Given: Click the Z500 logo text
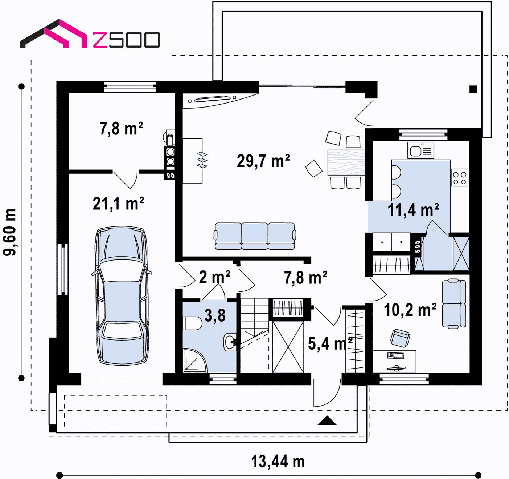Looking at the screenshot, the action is (x=126, y=40).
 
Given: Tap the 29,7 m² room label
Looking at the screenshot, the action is (x=263, y=161).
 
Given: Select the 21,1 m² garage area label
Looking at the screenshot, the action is (x=118, y=204).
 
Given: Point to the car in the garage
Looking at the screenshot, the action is (x=122, y=295).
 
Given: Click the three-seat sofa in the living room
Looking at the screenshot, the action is (x=255, y=236).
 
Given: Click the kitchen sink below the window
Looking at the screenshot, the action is (x=420, y=150).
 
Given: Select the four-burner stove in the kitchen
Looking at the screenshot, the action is (x=460, y=177).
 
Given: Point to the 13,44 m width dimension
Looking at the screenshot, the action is (x=278, y=462).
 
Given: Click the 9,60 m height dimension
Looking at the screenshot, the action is (x=10, y=232).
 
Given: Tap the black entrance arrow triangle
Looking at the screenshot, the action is (x=327, y=421).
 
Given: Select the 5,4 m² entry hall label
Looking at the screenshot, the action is (x=330, y=344).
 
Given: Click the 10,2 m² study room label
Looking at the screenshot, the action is (x=410, y=310).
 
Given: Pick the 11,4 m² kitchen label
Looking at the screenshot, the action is (x=413, y=210).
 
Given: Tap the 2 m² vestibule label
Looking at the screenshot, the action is (x=214, y=277).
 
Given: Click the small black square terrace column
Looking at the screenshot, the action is (x=473, y=89).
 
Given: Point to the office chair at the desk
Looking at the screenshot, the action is (x=400, y=338).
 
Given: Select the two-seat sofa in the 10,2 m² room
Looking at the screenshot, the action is (x=454, y=303).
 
